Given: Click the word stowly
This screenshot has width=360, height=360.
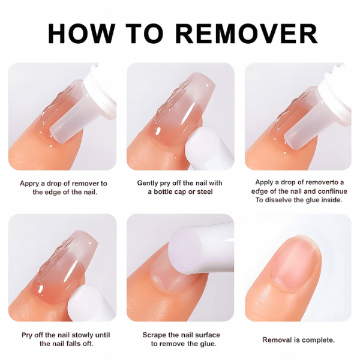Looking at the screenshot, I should [x=82, y=335].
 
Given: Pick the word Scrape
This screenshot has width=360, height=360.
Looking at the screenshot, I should [x=155, y=335].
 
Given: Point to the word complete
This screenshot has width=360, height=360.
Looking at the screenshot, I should [x=318, y=340].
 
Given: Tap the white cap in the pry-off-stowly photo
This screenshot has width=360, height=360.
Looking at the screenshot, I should [x=85, y=303].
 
